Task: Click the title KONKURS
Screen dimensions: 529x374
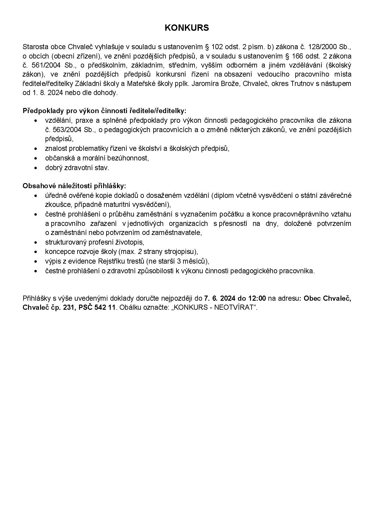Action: pyautogui.click(x=187, y=28)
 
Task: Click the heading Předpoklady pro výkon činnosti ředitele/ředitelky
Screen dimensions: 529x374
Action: pyautogui.click(x=105, y=111)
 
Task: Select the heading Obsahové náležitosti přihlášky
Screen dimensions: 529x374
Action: pyautogui.click(x=74, y=186)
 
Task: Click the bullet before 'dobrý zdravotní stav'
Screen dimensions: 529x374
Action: pyautogui.click(x=36, y=168)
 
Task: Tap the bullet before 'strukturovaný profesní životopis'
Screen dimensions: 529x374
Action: pyautogui.click(x=36, y=242)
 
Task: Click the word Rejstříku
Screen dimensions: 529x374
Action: pyautogui.click(x=113, y=261)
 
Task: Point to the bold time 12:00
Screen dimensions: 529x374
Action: pyautogui.click(x=257, y=299)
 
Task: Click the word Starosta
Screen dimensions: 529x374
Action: pyautogui.click(x=34, y=47)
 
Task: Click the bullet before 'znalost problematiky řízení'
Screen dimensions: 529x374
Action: pyautogui.click(x=36, y=149)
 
